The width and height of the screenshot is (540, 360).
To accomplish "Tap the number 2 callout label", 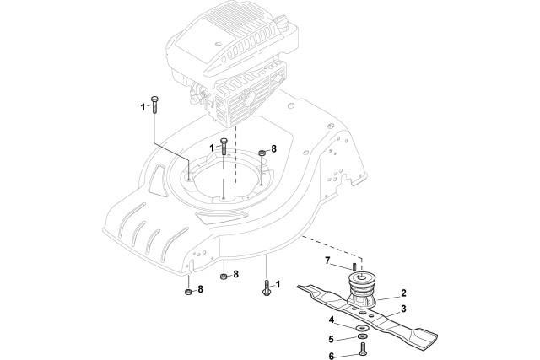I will [403, 293].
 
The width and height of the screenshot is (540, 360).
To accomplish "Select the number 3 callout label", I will [403, 309].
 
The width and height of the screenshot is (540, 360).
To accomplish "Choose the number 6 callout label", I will [332, 355].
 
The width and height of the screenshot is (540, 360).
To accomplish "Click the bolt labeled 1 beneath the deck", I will [267, 289].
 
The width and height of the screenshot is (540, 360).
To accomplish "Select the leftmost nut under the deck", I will [187, 292].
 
